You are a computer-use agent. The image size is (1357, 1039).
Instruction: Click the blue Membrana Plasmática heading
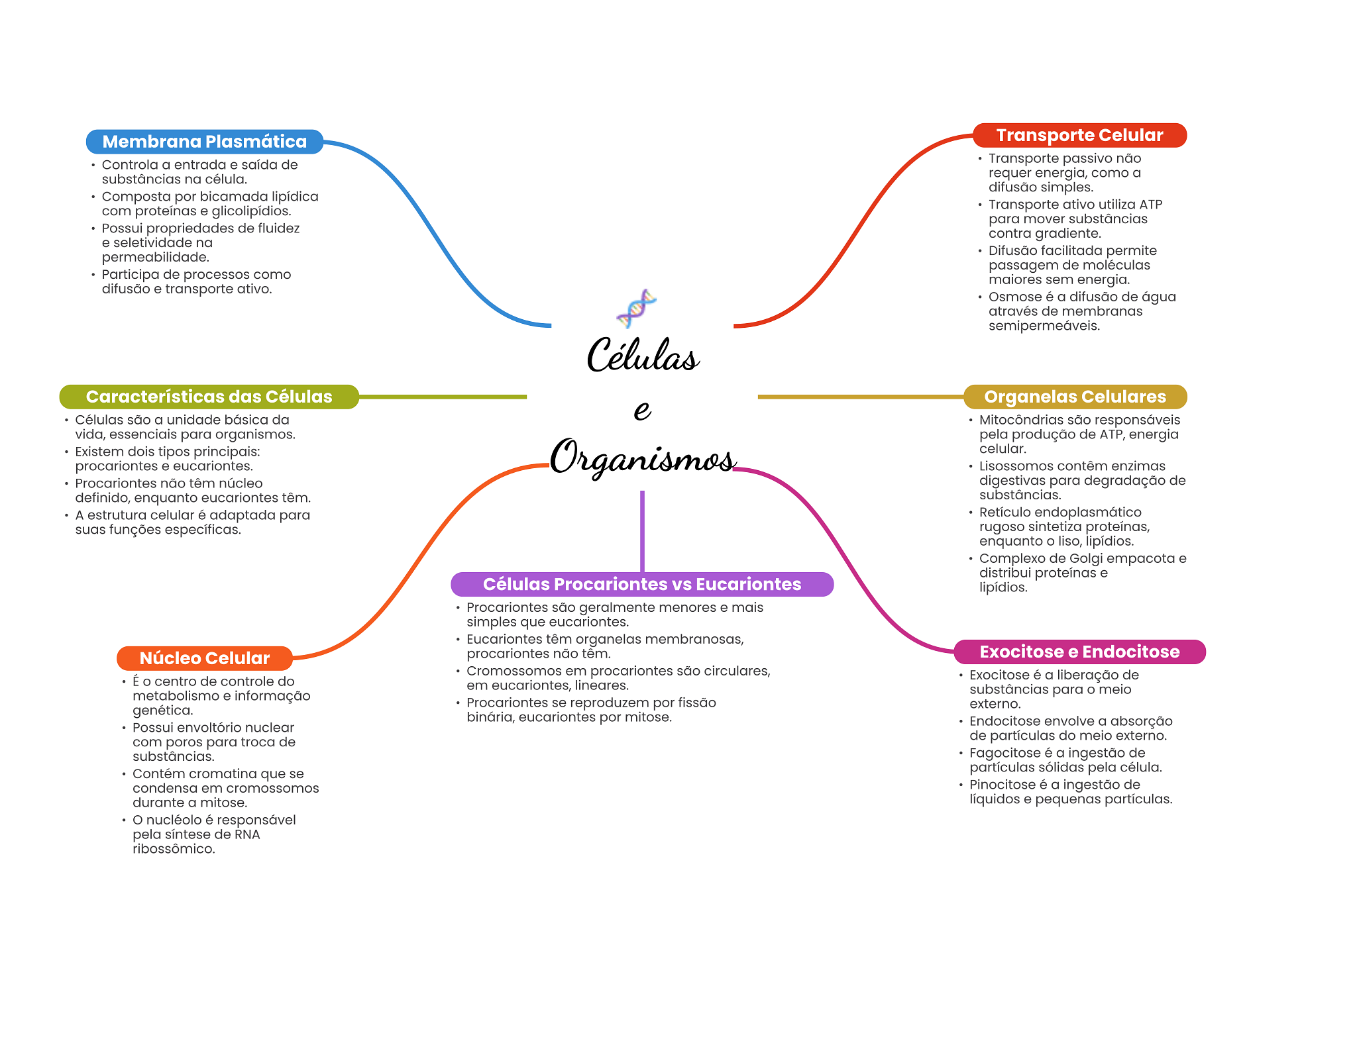click(x=204, y=142)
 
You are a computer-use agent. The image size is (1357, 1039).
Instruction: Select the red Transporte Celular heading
click(x=1079, y=135)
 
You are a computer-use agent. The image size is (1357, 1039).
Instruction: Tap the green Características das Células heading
click(x=209, y=397)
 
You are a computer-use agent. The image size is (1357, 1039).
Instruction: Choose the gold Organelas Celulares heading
click(x=1075, y=397)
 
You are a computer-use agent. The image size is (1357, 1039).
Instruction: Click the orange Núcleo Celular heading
click(x=204, y=658)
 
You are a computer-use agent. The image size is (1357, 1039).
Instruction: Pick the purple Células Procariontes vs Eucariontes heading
click(x=641, y=584)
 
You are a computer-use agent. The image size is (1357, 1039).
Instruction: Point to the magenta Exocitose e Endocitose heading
click(x=1079, y=652)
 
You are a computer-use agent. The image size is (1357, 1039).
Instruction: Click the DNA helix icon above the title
click(x=636, y=308)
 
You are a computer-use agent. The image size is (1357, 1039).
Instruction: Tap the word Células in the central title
click(x=643, y=356)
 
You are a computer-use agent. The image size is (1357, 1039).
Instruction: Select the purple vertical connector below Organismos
click(x=642, y=530)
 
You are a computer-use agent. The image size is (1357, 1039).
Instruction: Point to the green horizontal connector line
click(x=443, y=397)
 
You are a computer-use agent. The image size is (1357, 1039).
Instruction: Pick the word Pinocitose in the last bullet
click(x=1002, y=785)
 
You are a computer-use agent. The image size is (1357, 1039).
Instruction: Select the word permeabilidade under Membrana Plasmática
click(x=155, y=258)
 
